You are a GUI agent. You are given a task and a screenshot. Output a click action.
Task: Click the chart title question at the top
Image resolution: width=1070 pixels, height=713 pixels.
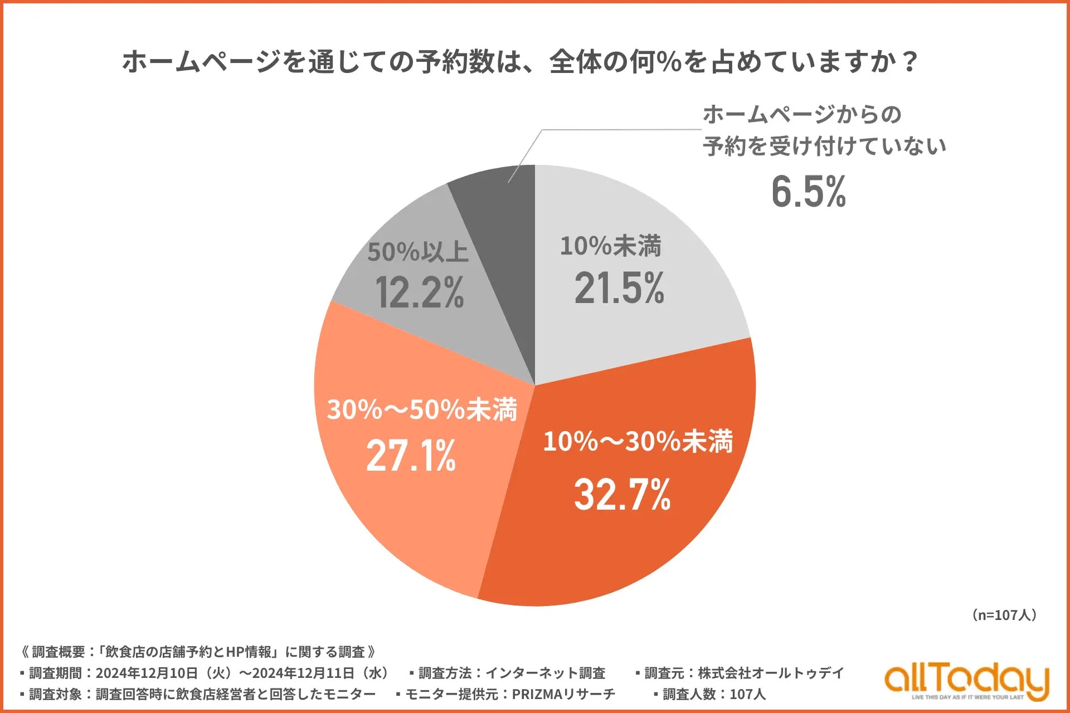click(x=519, y=61)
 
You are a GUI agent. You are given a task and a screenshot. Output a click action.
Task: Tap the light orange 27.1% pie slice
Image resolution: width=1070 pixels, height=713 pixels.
click(x=390, y=512)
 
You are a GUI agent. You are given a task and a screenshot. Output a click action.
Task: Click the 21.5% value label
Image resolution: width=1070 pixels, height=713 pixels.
click(x=619, y=289)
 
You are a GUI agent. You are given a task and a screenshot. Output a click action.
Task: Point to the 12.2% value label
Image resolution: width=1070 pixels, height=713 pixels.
click(x=419, y=293)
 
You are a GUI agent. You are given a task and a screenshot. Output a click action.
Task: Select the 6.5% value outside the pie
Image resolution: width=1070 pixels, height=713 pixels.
click(x=809, y=192)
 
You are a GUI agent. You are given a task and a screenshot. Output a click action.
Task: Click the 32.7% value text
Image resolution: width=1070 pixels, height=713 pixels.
click(x=622, y=495)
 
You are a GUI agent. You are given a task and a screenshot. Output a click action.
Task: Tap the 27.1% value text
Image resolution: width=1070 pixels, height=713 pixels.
click(x=411, y=456)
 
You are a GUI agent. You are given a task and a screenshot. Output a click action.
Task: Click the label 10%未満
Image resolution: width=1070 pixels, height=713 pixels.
click(x=610, y=246)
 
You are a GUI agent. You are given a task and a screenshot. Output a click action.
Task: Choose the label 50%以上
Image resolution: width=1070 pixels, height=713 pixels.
click(x=417, y=252)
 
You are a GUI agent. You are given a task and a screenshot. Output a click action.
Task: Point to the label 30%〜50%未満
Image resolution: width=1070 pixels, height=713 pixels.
click(x=422, y=409)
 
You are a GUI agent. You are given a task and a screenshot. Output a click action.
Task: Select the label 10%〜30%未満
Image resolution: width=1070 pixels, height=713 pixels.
click(x=638, y=442)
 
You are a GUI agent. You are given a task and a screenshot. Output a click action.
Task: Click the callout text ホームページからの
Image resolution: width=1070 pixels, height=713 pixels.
click(x=802, y=115)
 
